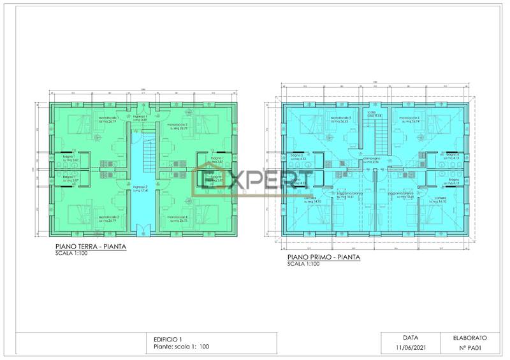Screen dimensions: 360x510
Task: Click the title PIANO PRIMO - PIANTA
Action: (x=323, y=257)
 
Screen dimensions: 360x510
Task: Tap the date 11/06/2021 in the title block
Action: (x=410, y=347)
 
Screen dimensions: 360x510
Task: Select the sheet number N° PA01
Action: (x=470, y=347)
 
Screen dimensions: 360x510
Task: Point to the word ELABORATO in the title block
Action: (x=470, y=337)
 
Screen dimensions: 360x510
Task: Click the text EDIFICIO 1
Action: (x=168, y=338)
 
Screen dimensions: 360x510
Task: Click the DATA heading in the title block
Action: (x=410, y=337)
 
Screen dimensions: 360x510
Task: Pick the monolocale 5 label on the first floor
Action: (x=341, y=119)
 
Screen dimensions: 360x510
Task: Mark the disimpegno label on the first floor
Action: (x=372, y=161)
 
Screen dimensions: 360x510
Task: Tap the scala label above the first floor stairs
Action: (x=372, y=114)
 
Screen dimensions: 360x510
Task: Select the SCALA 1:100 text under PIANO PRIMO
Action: (x=303, y=264)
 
